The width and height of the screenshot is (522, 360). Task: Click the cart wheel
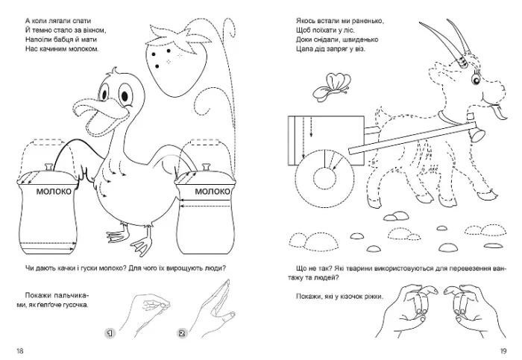[x=324, y=177]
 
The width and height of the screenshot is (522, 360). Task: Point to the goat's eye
[x=475, y=79]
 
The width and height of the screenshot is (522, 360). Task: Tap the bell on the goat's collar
[x=478, y=135]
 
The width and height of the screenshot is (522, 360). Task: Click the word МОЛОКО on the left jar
[x=54, y=192]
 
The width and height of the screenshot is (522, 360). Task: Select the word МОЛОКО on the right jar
[x=213, y=192]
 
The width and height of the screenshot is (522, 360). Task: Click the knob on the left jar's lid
[x=49, y=166]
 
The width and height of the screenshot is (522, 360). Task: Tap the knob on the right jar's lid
[x=206, y=166]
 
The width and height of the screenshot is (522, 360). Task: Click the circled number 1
[x=110, y=333]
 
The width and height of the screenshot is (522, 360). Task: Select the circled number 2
[x=182, y=333]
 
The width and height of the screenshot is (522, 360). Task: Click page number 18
[x=20, y=351]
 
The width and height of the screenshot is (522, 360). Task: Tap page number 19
[x=503, y=351]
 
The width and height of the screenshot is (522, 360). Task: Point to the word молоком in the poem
[x=84, y=49]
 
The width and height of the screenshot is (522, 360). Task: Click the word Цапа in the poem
[x=304, y=49]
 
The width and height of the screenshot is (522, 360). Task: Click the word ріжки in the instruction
[x=374, y=297]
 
